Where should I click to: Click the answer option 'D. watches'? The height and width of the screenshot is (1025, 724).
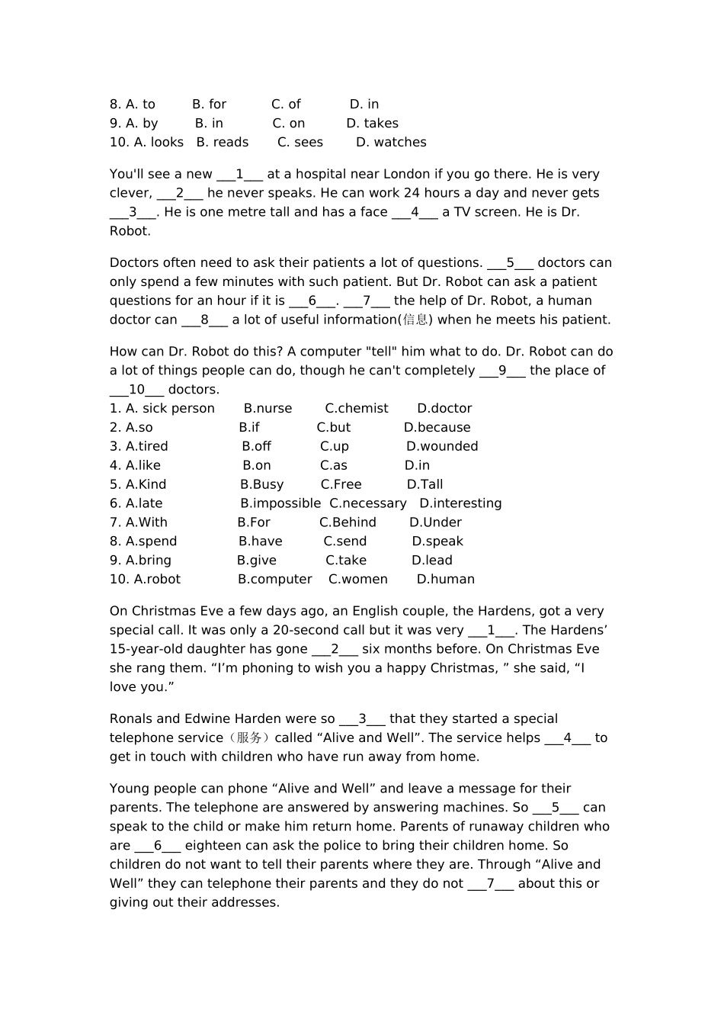[x=391, y=143]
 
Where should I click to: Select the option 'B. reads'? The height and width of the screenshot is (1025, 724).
[x=223, y=143]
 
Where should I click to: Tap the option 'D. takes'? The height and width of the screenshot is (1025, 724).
[x=372, y=124]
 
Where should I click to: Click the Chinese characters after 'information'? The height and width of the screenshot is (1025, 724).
[x=415, y=320]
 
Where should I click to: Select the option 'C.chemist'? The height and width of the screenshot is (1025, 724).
[x=357, y=409]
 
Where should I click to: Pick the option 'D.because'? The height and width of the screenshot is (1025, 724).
[x=437, y=428]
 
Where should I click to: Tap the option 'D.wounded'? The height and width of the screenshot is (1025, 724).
[x=442, y=447]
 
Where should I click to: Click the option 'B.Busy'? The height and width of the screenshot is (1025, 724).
[x=261, y=485]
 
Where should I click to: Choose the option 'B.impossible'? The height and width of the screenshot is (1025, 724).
[x=280, y=504]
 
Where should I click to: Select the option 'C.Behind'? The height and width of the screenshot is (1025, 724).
[x=348, y=523]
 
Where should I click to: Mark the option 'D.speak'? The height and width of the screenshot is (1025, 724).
[x=437, y=542]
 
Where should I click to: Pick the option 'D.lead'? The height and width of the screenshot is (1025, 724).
[x=432, y=561]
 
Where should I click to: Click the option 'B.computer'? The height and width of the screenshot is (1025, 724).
[x=275, y=580]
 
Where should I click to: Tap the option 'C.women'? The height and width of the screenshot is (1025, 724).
[x=358, y=580]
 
